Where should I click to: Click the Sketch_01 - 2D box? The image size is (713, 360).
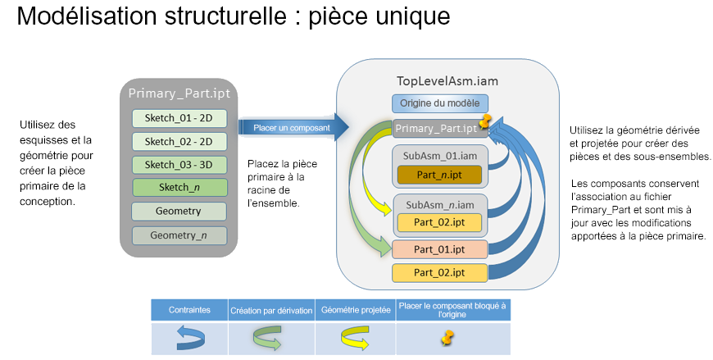click(179, 118)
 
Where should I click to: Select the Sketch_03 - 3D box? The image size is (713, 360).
click(179, 164)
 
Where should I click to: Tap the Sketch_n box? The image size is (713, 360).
click(179, 187)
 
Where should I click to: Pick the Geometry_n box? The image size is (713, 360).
click(179, 235)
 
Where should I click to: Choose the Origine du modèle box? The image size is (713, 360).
click(440, 103)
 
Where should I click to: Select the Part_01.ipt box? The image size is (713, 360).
click(440, 249)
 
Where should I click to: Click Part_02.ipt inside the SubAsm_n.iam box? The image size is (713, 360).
click(441, 221)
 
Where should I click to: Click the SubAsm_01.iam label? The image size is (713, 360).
click(440, 155)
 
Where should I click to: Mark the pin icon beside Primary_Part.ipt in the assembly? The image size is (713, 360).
click(486, 123)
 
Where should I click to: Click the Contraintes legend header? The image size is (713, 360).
click(188, 311)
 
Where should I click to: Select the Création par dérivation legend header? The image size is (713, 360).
click(271, 311)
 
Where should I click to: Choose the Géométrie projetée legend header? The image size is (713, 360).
click(355, 311)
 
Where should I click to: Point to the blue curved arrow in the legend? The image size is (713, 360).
click(188, 337)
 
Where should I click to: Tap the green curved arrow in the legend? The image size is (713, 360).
click(271, 337)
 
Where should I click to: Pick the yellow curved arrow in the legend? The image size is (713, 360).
click(355, 337)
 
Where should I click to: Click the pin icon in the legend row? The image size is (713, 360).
click(447, 336)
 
